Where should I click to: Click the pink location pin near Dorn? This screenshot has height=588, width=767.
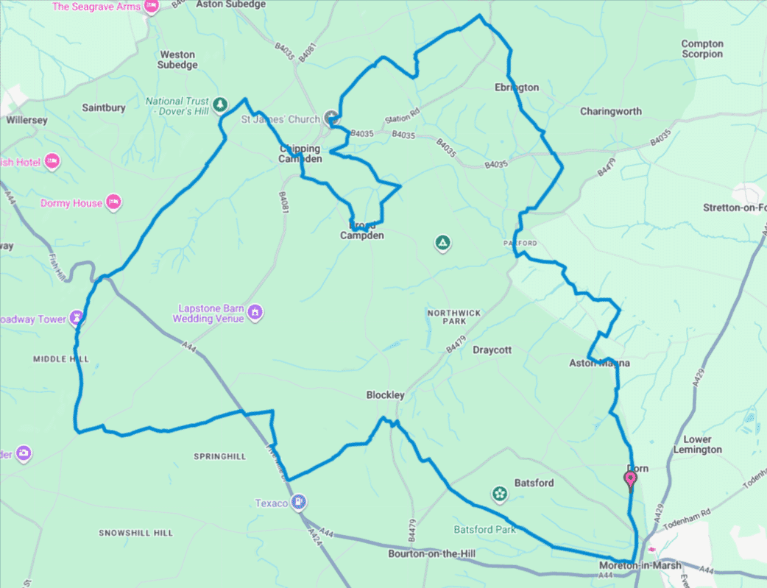[x=630, y=480]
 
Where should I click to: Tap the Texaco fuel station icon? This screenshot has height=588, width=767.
[x=298, y=503]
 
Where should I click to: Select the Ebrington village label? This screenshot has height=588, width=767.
[x=517, y=88]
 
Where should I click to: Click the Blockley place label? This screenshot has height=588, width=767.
[x=385, y=395]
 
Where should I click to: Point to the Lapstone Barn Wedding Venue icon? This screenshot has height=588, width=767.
[x=255, y=311]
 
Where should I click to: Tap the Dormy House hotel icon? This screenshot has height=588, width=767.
[x=113, y=202]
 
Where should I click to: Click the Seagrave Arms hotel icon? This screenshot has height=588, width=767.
[x=152, y=7]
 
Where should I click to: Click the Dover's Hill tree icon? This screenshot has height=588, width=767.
[x=220, y=105]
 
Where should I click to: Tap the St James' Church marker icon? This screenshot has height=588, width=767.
[x=331, y=118]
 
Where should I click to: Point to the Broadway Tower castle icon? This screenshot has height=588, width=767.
[x=77, y=319]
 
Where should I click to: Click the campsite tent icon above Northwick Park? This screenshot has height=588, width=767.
[x=442, y=243]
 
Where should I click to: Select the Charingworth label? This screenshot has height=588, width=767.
[x=610, y=112]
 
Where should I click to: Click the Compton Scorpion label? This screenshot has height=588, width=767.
[x=702, y=49]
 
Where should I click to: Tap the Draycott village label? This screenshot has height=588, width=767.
[x=492, y=350]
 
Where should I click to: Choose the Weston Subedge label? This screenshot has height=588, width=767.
[x=178, y=60]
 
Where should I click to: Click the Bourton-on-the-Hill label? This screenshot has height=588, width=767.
[x=428, y=553]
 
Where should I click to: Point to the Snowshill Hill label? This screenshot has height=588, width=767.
[x=135, y=533]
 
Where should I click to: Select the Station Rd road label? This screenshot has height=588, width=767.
[x=402, y=117]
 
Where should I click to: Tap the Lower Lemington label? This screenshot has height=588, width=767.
[x=698, y=444]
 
